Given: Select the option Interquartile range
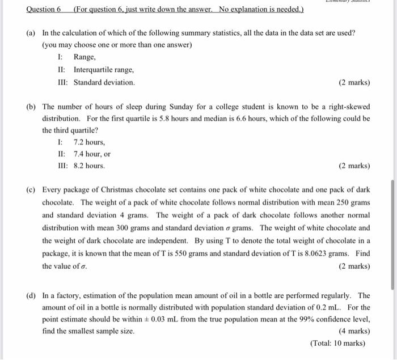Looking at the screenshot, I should (103, 70).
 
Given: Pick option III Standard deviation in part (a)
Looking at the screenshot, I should (104, 82).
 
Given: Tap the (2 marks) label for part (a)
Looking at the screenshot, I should (354, 82).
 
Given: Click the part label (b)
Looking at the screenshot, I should (32, 106).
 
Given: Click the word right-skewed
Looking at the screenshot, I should (347, 106).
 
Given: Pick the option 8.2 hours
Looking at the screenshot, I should (89, 166).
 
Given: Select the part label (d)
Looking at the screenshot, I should (32, 295).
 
